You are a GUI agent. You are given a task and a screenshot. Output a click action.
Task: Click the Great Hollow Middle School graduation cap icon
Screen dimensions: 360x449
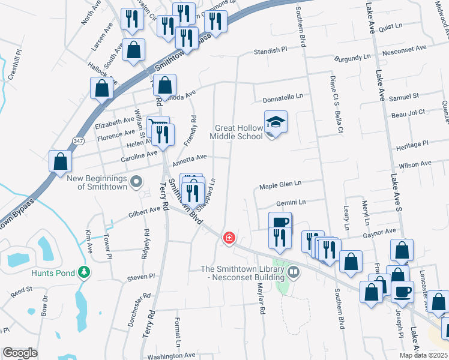coord(276,122)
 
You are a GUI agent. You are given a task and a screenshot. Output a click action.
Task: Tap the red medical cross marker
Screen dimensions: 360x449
coord(229,238)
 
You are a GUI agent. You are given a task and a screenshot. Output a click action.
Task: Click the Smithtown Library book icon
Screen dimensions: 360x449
coord(294,272)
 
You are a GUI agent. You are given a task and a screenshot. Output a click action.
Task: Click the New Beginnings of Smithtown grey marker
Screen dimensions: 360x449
coord(136,180)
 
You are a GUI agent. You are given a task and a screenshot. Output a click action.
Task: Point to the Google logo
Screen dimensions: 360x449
coord(20,353)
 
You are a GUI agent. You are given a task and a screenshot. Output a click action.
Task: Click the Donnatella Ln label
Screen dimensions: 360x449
coord(282,96)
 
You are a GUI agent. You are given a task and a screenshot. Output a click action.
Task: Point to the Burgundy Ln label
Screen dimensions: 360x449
coord(354,58)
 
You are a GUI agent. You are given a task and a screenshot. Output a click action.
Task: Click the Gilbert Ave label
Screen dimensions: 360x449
coord(143,213)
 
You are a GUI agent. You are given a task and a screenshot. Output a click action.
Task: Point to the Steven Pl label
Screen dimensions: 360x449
coord(141,278)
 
